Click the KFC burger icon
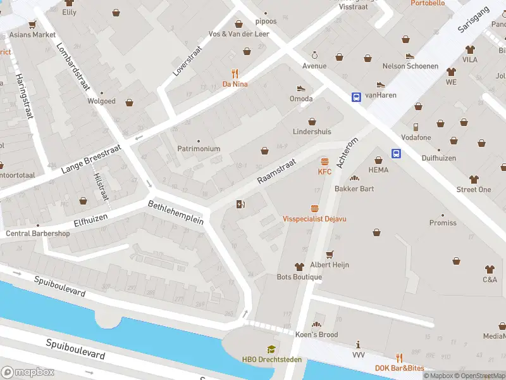pos(324,161)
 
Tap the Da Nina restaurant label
pos(235,84)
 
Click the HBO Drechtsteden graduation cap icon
pos(271,349)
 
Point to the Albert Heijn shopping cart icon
pos(329,254)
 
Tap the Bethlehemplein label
pos(176,212)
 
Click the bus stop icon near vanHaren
pos(356,97)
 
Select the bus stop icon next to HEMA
pos(397,153)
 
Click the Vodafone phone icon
pos(416,127)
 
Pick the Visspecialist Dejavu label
pos(314,218)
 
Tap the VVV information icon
pos(359,345)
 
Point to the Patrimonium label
pos(199,149)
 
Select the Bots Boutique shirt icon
pos(299,267)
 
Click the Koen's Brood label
pos(316,334)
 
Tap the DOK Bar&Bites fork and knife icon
pos(399,358)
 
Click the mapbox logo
pos(27,372)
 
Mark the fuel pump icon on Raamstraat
pos(240,204)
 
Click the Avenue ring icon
pos(314,55)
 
